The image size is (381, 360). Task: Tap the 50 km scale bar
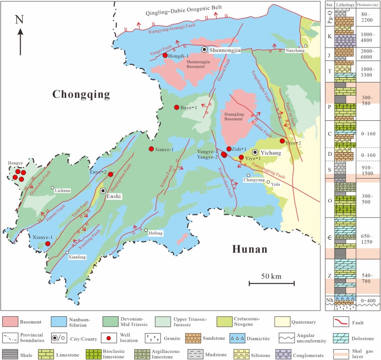pyautogui.click(x=272, y=283)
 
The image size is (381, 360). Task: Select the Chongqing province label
pyautogui.click(x=81, y=94)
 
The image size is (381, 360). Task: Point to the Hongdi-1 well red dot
pyautogui.click(x=165, y=55)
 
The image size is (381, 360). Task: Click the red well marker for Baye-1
pyautogui.click(x=177, y=108)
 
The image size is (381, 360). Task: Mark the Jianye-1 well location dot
pyautogui.click(x=151, y=149)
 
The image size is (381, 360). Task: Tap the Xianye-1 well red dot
pyautogui.click(x=47, y=243)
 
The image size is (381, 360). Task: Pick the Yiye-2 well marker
pyautogui.click(x=282, y=141)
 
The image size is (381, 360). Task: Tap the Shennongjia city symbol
pyautogui.click(x=204, y=49)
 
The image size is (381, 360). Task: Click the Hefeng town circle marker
pyautogui.click(x=146, y=230)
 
